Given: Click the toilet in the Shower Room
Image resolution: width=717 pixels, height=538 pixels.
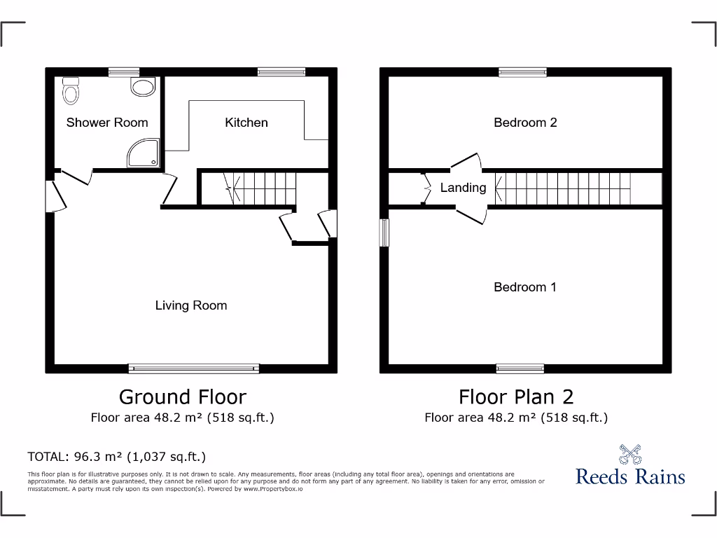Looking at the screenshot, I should click(71, 90).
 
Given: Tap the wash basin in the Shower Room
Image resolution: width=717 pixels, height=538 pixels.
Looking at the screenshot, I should click(143, 87).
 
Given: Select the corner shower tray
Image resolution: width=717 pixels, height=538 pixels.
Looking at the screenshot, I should click(143, 153).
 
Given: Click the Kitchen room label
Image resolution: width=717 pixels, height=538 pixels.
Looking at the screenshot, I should click(246, 123).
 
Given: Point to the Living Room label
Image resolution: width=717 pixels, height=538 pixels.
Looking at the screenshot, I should click(191, 305).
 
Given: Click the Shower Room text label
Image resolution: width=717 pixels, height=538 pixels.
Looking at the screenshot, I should click(107, 123).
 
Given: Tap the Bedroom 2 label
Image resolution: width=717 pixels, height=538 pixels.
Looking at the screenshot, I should click(525, 123).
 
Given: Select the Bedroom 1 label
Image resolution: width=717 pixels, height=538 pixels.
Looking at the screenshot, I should click(525, 287).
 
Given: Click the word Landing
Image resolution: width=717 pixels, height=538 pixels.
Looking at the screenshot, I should click(463, 188).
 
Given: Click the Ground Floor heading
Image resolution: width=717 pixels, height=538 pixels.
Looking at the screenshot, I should click(183, 396).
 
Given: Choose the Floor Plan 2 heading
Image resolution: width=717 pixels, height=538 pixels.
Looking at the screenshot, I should click(516, 396).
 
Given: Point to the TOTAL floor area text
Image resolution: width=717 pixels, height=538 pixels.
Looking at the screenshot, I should click(116, 457).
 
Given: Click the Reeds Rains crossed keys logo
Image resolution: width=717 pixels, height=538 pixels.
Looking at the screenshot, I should click(630, 455).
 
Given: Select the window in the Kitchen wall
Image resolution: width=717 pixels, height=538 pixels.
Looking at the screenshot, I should click(281, 71).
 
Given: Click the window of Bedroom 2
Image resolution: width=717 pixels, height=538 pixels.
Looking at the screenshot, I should click(522, 71).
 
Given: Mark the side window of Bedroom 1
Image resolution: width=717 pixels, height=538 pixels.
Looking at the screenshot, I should click(384, 233).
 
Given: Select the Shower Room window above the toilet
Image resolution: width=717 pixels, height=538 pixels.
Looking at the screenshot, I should click(124, 71).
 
